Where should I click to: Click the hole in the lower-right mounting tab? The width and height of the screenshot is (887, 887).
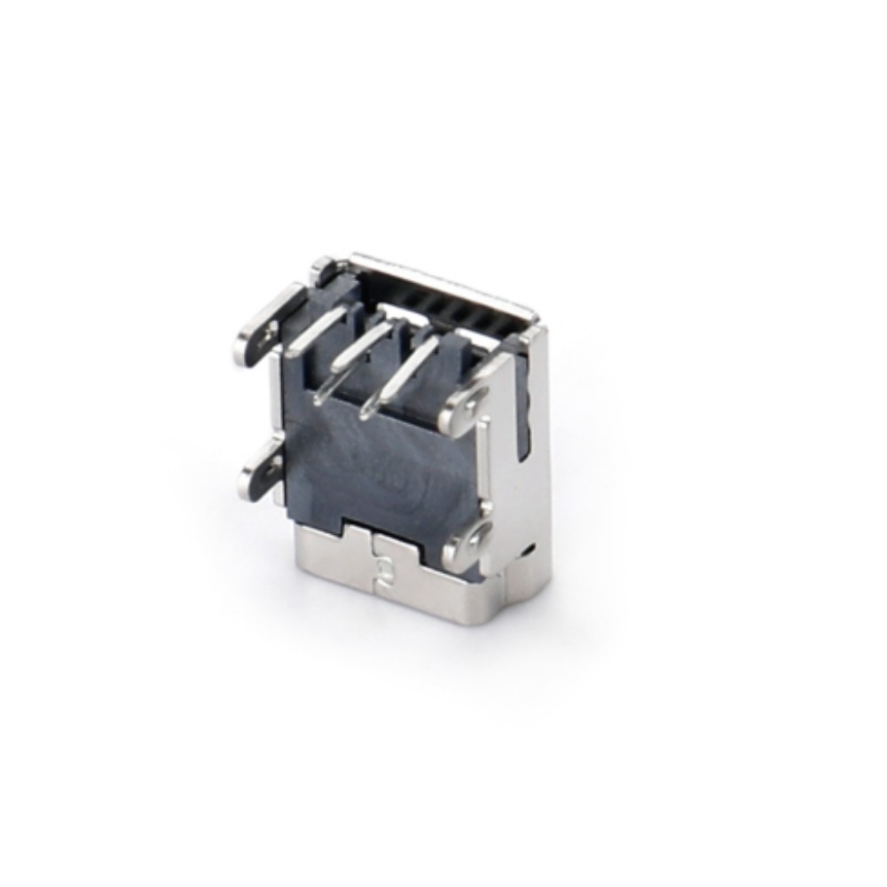pos(480,536)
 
